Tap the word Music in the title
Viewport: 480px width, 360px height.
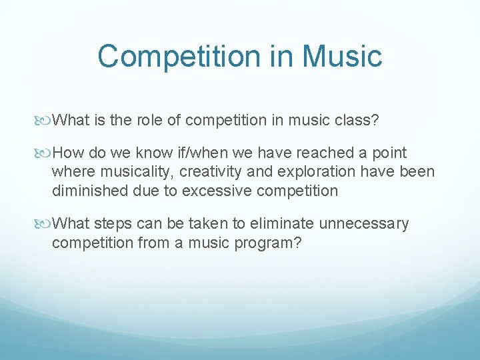point(343,56)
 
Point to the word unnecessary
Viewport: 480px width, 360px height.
point(364,224)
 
